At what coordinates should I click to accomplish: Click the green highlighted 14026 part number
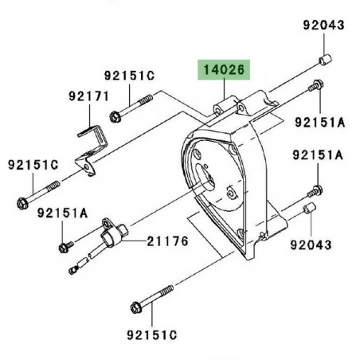tap(224, 70)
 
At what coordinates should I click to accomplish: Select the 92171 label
tap(89, 96)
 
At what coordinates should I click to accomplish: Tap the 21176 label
tap(167, 241)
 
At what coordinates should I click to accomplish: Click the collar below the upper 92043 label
tap(325, 60)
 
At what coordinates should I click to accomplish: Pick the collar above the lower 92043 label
tap(309, 209)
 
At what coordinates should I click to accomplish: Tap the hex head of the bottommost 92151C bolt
tap(136, 307)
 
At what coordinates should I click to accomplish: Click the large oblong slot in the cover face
tap(205, 176)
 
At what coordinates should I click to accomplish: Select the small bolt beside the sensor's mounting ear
tap(65, 247)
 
